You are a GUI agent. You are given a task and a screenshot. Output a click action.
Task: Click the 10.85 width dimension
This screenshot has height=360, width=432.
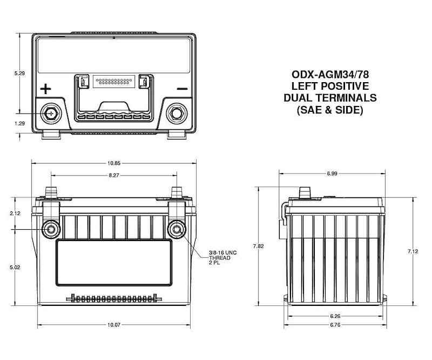pos(113,163)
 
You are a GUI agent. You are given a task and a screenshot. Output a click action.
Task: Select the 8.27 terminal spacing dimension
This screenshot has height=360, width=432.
pos(113,176)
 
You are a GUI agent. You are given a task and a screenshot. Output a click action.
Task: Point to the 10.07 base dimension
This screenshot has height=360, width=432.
pos(113,325)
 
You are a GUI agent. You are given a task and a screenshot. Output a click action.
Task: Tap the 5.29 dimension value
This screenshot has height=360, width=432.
pos(19,72)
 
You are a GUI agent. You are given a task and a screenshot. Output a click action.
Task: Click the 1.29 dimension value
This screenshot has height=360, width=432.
pos(19,123)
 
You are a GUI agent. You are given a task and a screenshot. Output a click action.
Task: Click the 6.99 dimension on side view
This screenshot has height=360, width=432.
pos(332,173)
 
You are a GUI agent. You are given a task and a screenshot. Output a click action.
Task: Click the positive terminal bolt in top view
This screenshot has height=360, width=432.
pos(51,114)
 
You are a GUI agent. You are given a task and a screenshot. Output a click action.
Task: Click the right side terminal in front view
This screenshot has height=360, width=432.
pos(177,230)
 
